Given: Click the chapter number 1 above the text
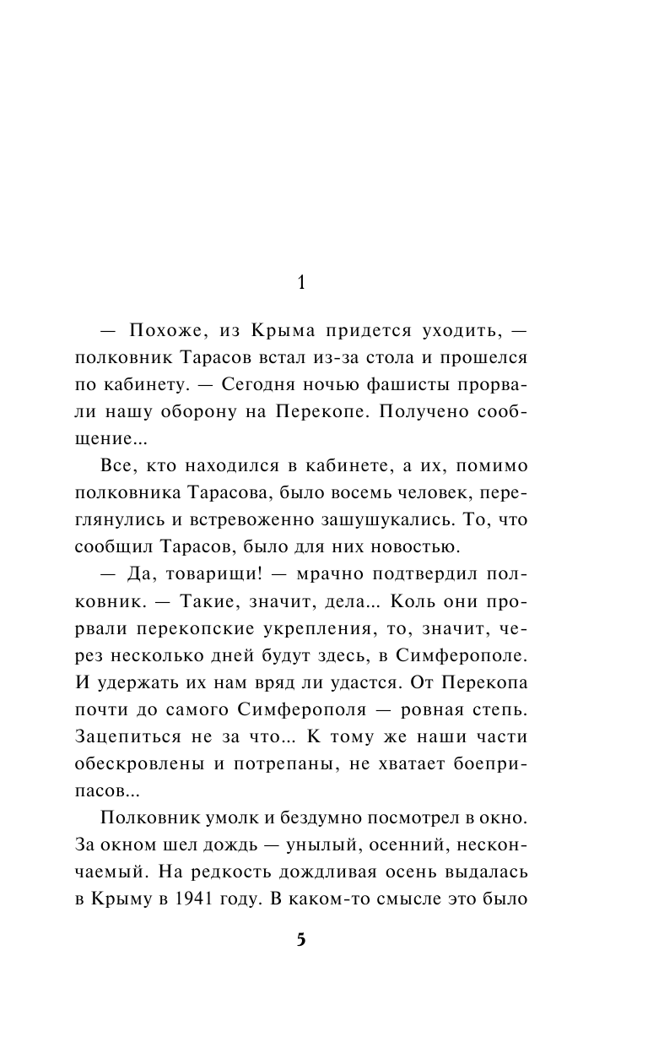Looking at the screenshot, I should (301, 283).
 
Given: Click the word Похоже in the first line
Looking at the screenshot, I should (161, 327).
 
